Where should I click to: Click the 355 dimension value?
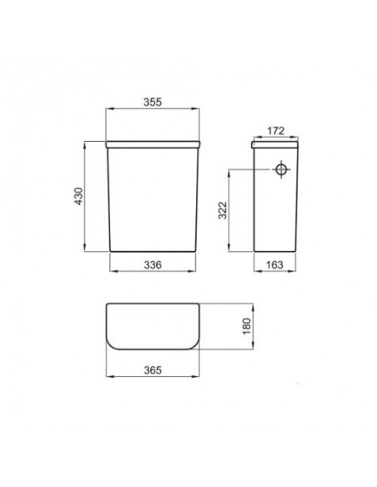(x=153, y=102)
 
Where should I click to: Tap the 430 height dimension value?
(x=79, y=196)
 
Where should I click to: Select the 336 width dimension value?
(x=153, y=265)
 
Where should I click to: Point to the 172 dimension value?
(x=276, y=131)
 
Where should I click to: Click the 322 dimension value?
(x=223, y=210)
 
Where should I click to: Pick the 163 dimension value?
(x=274, y=265)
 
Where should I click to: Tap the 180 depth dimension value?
(x=247, y=326)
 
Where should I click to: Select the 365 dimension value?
(x=153, y=370)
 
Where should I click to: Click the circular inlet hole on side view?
(x=281, y=169)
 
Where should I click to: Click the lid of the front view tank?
(x=153, y=144)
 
